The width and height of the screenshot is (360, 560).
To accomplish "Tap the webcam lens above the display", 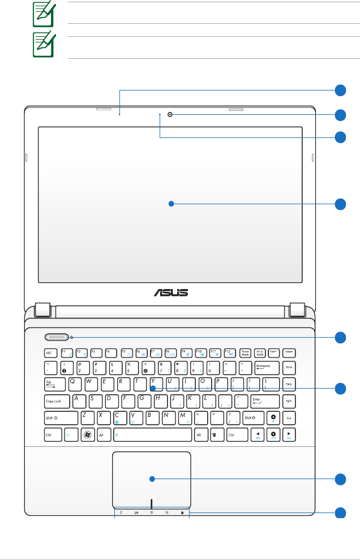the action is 169,115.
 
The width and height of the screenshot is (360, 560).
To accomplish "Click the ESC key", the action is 50,352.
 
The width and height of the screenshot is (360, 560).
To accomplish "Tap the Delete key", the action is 289,352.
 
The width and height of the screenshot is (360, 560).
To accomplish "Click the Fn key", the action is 68,436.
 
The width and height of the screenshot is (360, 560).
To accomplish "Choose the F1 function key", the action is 66,352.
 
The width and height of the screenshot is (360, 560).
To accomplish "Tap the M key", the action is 184,418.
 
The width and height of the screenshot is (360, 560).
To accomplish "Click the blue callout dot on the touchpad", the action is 152,479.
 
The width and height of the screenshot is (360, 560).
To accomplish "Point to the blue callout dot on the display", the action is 170,204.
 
